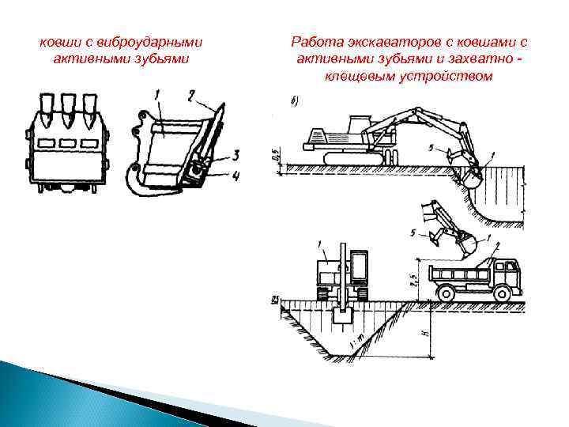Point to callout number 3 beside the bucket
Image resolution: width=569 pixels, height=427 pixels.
pos(236,155)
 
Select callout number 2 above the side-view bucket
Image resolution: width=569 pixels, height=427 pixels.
pos(191,95)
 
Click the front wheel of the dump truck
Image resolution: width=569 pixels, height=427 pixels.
pos(499,293)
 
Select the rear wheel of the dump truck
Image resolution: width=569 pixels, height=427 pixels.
pos(446,293)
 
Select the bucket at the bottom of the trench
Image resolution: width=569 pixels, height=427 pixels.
pos(342,316)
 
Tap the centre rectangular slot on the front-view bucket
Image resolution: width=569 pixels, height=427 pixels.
pos(68,142)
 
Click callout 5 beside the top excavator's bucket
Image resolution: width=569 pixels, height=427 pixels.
pos(431,146)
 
